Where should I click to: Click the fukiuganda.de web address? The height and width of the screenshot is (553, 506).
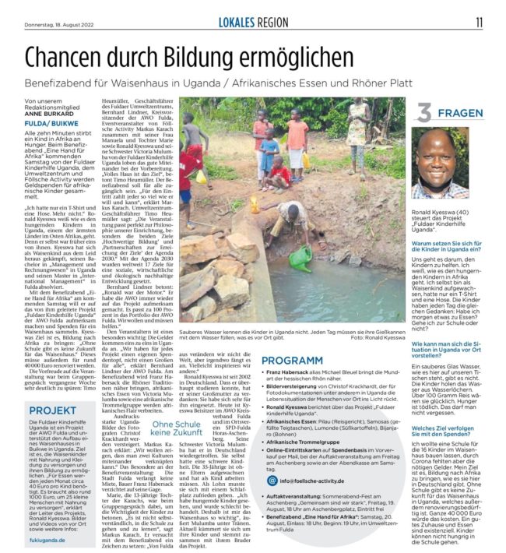click(47, 538)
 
